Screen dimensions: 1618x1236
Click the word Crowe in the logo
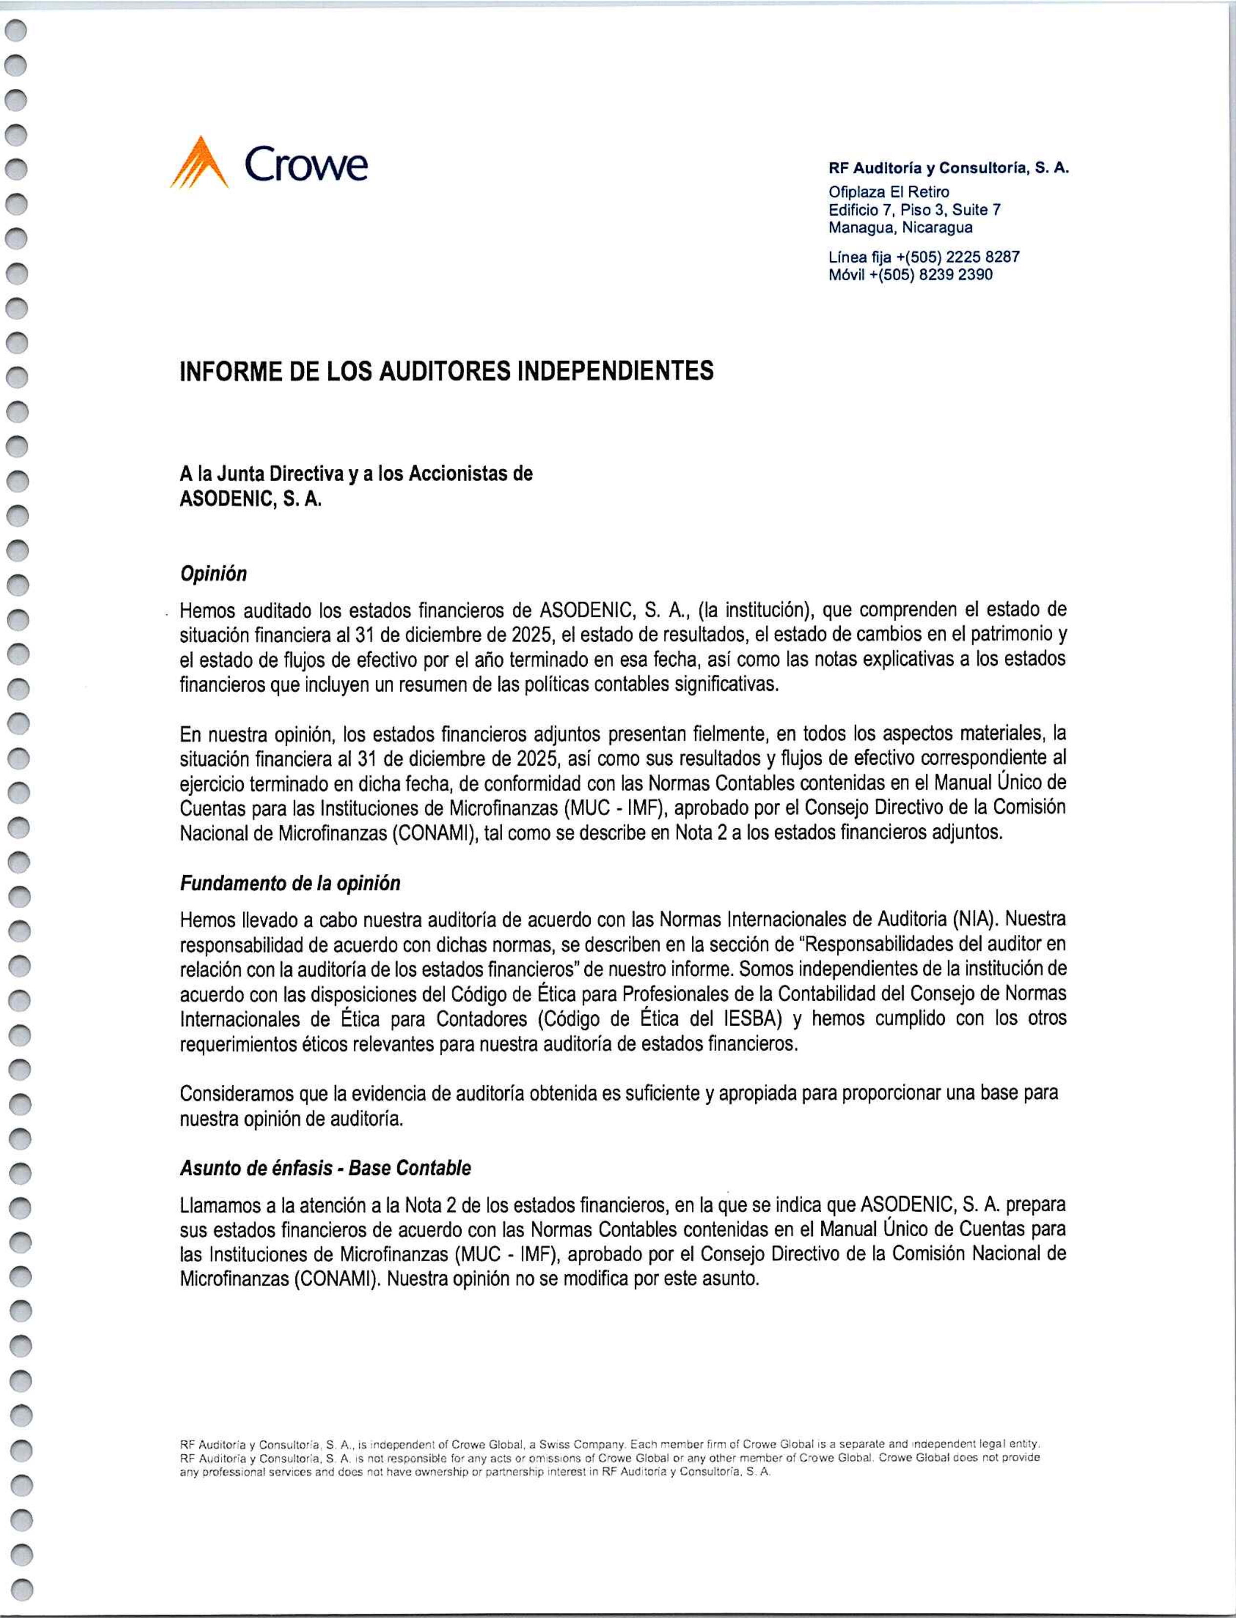click(x=306, y=163)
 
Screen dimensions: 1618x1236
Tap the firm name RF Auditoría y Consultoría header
click(x=948, y=168)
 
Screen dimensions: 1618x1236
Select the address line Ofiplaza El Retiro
click(x=889, y=192)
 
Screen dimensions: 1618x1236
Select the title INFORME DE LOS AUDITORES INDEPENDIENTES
click(x=447, y=371)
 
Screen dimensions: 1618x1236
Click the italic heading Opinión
click(x=213, y=574)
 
